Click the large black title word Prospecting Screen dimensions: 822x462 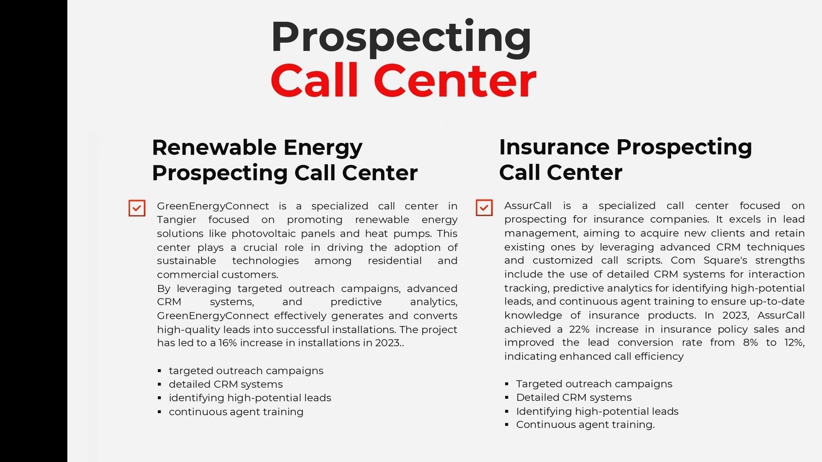pyautogui.click(x=401, y=38)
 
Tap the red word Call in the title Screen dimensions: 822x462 pyautogui.click(x=314, y=80)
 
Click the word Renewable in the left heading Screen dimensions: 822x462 pyautogui.click(x=214, y=147)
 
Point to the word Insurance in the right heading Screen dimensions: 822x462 pyautogui.click(x=554, y=147)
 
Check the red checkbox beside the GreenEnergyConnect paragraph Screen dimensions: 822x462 pyautogui.click(x=137, y=208)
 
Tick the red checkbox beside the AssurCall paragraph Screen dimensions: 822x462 pyautogui.click(x=484, y=207)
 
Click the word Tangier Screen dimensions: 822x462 pyautogui.click(x=177, y=220)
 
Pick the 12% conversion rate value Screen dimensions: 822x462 pyautogui.click(x=794, y=343)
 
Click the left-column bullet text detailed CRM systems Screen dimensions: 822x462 pyautogui.click(x=226, y=384)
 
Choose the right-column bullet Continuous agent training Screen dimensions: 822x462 pyautogui.click(x=585, y=425)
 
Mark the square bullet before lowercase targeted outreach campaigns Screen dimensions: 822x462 pyautogui.click(x=159, y=371)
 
